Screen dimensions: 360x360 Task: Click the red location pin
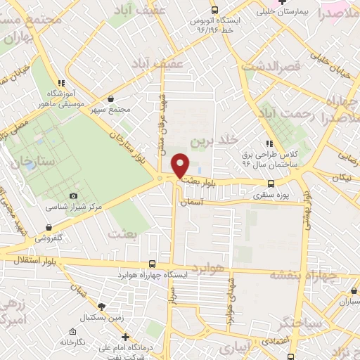(x=181, y=165)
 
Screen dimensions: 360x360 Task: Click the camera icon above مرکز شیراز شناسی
(x=74, y=195)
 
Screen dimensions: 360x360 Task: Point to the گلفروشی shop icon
(x=48, y=228)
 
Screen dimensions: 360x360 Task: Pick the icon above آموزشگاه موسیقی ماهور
(x=62, y=83)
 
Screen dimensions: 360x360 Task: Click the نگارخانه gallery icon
(x=72, y=331)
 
